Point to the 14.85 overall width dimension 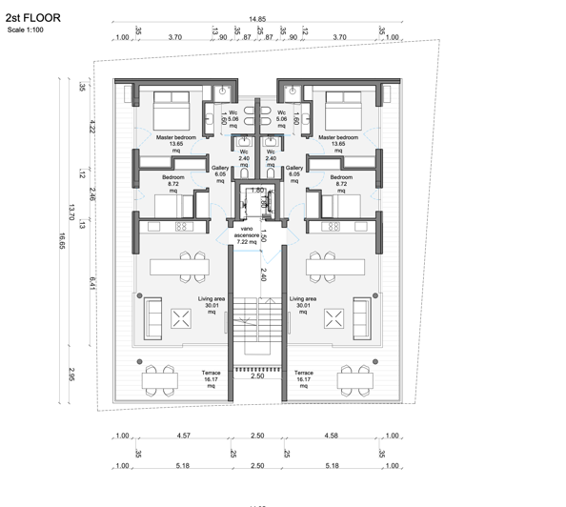pos(256,19)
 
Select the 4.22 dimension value pos(92,126)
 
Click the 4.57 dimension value pos(181,436)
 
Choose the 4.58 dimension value pos(331,436)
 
